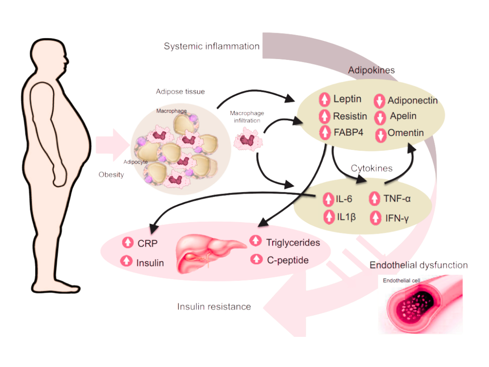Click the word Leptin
347,99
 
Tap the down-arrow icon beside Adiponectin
379,101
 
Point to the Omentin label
405,133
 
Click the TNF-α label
397,198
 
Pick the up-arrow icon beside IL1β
329,217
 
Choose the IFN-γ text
397,218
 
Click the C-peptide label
287,260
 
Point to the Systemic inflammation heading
212,46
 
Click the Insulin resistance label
214,306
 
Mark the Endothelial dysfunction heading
419,265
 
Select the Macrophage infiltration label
247,117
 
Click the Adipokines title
371,70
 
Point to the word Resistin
350,116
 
